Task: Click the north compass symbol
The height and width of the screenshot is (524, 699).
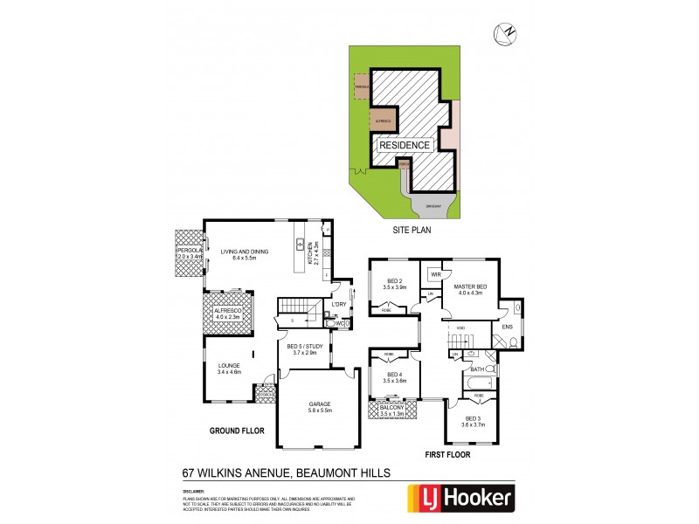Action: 504,33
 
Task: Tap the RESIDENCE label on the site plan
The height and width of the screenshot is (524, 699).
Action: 404,146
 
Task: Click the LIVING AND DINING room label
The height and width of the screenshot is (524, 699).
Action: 245,252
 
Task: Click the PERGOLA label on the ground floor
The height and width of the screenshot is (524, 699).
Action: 189,251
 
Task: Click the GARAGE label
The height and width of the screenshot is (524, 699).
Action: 318,404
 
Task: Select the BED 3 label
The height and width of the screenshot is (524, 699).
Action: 473,419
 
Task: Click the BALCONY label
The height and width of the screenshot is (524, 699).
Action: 392,408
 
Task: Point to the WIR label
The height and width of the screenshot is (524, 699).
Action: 434,272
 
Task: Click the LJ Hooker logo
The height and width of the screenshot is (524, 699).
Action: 460,499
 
